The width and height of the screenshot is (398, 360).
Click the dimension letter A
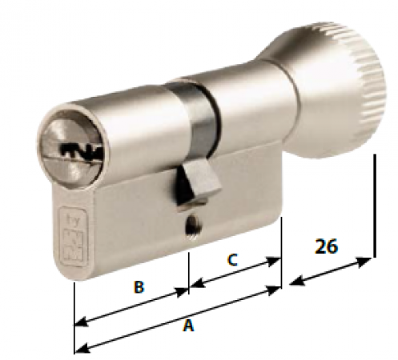(x=189, y=326)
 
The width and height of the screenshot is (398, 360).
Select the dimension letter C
(x=232, y=260)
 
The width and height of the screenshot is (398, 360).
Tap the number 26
(x=326, y=246)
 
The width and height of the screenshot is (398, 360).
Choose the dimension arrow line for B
(x=131, y=307)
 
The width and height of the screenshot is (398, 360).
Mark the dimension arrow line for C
(x=235, y=272)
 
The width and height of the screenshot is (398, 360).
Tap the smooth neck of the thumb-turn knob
(x=256, y=96)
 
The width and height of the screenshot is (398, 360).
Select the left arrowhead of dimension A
(x=80, y=349)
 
